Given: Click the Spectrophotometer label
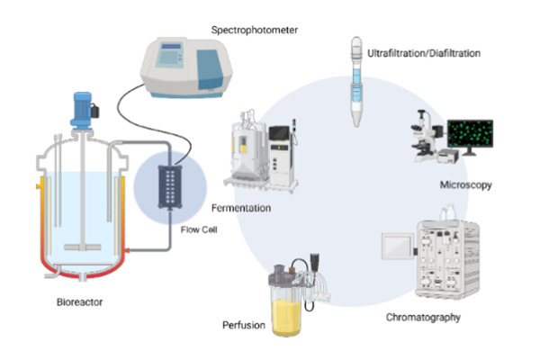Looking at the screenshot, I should point(254,30).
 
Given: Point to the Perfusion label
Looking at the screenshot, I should point(243,324).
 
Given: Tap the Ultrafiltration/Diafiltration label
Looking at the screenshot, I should point(424,54).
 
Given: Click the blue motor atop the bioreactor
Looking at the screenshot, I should point(84,105).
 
